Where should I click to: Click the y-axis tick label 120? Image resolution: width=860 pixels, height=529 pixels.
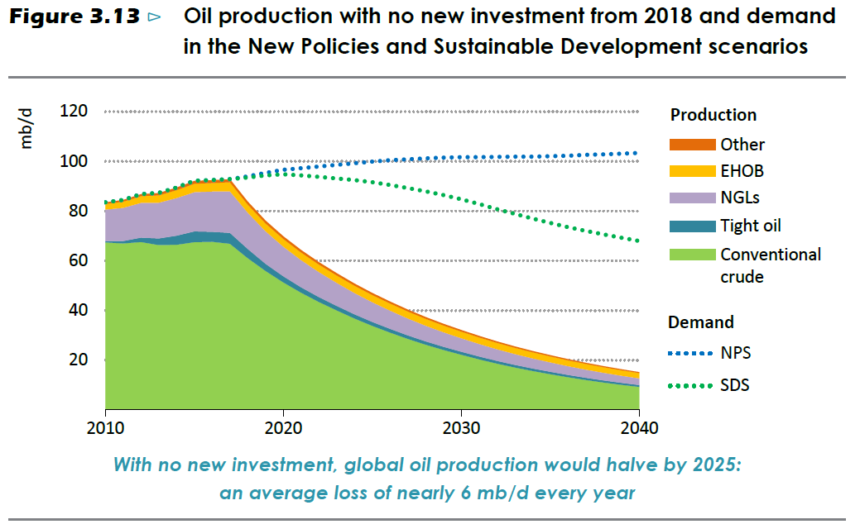point(73,112)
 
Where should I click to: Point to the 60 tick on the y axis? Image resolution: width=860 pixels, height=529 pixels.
point(77,261)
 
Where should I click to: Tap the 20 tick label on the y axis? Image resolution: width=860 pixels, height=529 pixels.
point(77,360)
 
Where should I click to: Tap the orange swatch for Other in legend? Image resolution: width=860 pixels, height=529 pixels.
point(692,145)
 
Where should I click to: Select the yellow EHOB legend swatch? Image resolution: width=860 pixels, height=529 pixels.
point(692,172)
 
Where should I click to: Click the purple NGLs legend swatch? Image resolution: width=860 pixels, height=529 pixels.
point(692,198)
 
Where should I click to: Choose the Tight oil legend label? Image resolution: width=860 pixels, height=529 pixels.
point(750,226)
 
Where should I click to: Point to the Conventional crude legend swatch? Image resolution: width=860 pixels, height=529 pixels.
point(692,254)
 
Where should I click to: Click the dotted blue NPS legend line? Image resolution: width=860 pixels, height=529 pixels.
point(692,353)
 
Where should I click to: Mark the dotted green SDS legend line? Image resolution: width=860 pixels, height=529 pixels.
point(692,385)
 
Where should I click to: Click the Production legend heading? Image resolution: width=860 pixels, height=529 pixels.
point(713,116)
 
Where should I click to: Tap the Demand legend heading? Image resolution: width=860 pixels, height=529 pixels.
point(700,322)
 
